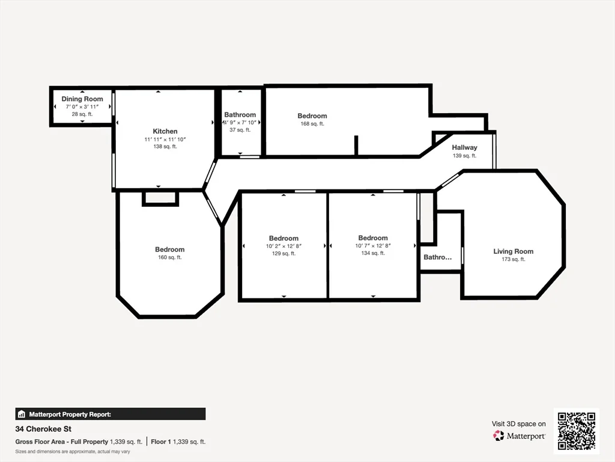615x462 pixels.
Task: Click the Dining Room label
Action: tap(82, 99)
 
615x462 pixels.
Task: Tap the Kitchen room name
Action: tap(165, 131)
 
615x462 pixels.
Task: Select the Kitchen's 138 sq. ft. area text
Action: tap(165, 147)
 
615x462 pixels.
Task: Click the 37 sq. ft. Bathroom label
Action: tap(240, 130)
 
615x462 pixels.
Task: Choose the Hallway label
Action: tap(464, 147)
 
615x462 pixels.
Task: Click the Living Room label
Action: tap(513, 251)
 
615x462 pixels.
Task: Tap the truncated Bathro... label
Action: tap(437, 257)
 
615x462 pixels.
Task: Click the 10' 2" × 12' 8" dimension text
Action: tap(283, 246)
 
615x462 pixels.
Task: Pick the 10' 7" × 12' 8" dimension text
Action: tap(373, 245)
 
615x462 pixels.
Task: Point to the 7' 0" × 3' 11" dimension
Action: tap(82, 106)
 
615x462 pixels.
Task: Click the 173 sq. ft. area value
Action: tap(513, 260)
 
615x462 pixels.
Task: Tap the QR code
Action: tap(576, 431)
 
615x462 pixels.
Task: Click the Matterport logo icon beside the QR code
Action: tap(498, 436)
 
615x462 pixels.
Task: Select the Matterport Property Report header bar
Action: tap(111, 414)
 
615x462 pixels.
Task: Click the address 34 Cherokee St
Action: tap(43, 430)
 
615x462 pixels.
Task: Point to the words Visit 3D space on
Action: tap(518, 424)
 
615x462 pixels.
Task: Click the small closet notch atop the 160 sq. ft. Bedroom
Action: tap(160, 198)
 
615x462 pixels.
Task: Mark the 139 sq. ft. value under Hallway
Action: tap(464, 156)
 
